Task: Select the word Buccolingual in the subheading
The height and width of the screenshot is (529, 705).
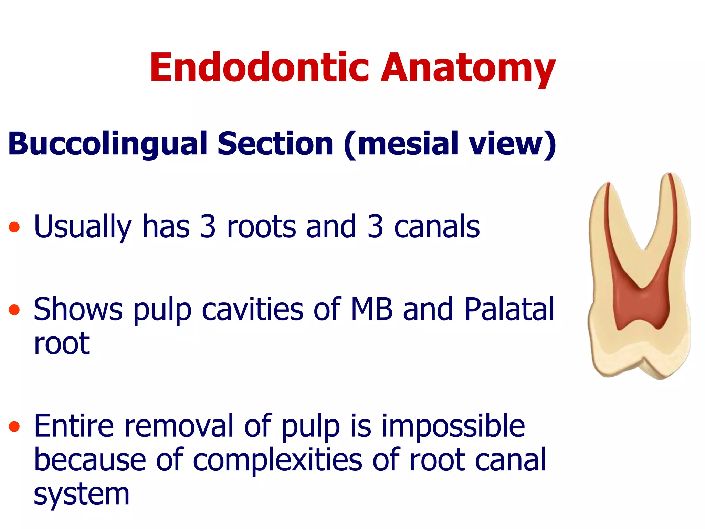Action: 107,144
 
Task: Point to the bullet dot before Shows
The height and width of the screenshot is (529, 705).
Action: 14,310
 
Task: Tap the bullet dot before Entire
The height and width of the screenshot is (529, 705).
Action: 14,427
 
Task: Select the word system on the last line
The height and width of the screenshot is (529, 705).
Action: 81,495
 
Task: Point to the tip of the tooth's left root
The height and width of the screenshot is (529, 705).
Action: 608,184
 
